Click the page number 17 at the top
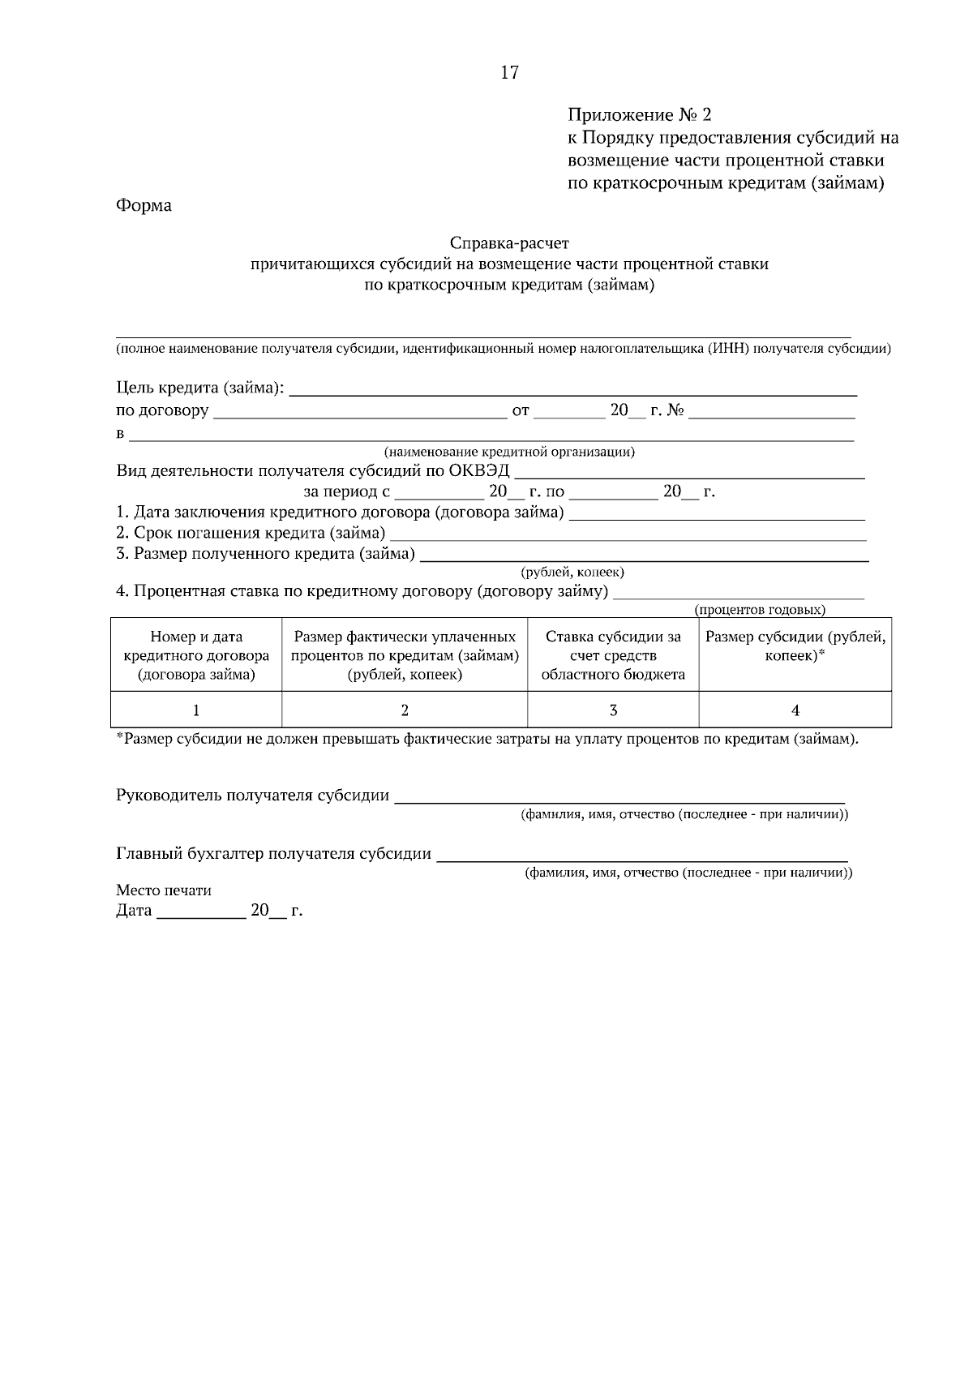coord(509,73)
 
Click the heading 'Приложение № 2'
coord(639,114)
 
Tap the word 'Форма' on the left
coord(144,205)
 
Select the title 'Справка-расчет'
coord(509,242)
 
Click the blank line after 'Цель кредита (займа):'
coord(572,390)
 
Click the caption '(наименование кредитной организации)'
coord(509,452)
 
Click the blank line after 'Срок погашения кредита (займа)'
coord(628,535)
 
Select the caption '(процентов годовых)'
coord(760,609)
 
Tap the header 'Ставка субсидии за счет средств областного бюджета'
coord(613,655)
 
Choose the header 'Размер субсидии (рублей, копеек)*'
coord(795,646)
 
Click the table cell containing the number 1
coord(196,710)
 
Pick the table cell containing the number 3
coord(613,710)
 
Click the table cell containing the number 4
coord(795,710)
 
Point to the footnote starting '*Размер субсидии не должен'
coord(486,739)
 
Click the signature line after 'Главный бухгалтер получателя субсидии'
coord(641,856)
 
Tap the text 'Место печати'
coord(164,890)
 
